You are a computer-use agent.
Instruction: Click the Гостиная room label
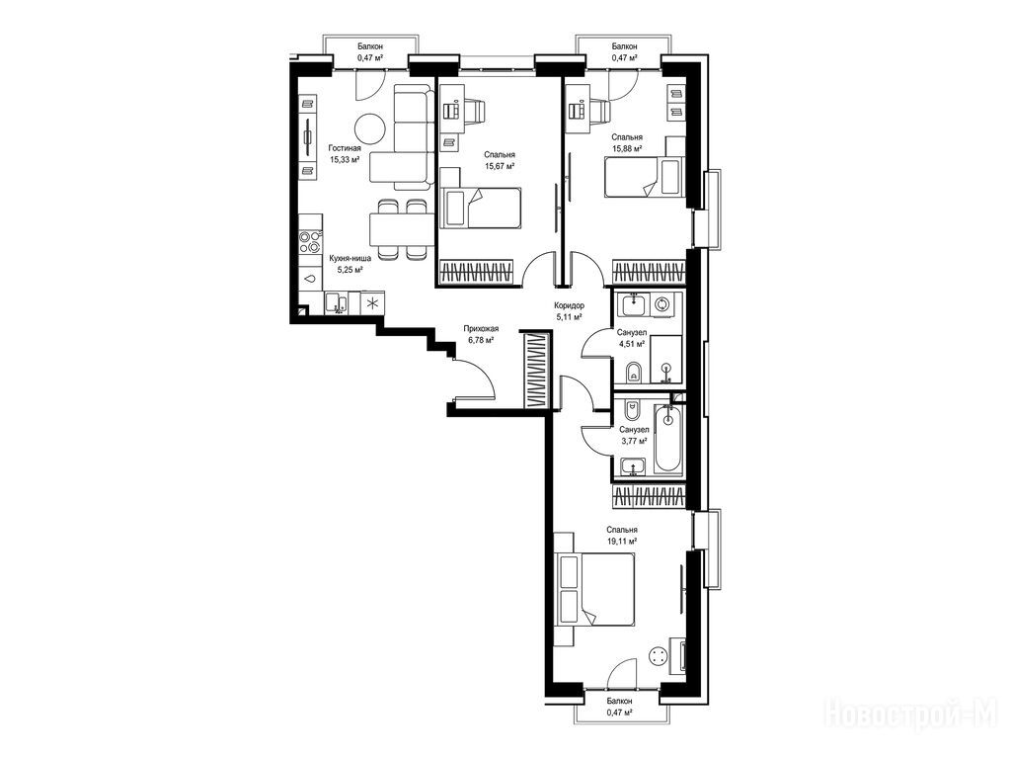tap(345, 148)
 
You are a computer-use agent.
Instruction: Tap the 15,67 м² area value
tap(500, 166)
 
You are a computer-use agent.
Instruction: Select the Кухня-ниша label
tap(350, 258)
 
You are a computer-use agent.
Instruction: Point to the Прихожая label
tap(481, 328)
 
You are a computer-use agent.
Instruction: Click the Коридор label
tap(570, 305)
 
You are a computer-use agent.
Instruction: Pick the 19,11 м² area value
tap(622, 542)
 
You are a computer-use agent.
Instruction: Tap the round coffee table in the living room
tap(371, 129)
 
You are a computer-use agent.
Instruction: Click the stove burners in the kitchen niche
tap(311, 241)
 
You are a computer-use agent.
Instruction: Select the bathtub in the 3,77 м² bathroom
tap(668, 439)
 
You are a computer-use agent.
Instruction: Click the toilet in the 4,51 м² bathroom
tap(634, 373)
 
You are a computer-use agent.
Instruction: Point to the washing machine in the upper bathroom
tap(662, 304)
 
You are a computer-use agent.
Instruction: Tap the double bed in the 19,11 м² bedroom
tap(593, 589)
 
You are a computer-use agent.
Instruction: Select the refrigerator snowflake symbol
tap(372, 302)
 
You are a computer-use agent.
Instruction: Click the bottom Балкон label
tap(620, 701)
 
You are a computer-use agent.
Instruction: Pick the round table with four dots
tap(659, 657)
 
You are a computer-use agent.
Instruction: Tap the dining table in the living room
tap(400, 229)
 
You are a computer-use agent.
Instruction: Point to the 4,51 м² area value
tap(632, 344)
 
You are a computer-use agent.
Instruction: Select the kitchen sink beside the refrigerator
tap(336, 302)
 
